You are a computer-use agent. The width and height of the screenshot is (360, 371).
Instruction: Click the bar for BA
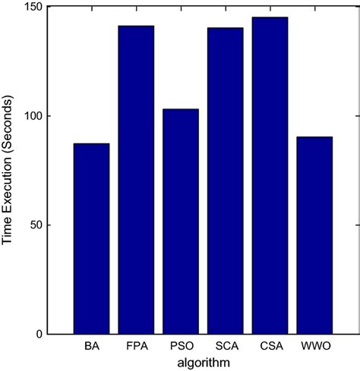coord(91,239)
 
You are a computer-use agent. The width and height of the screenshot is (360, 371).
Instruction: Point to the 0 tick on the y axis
coord(40,335)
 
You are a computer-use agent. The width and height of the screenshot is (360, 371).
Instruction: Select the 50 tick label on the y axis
coord(36,225)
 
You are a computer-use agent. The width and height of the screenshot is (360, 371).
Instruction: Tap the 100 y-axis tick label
coord(34,116)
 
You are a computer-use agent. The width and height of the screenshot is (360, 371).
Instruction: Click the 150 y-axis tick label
coord(34,7)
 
